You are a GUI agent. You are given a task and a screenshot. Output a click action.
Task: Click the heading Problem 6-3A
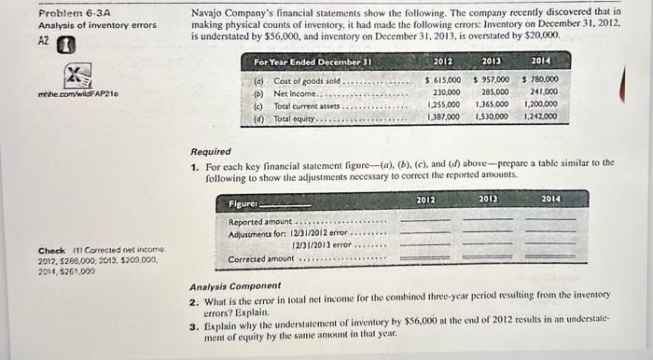(71, 12)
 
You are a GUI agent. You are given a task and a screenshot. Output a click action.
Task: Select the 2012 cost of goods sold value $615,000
(442, 80)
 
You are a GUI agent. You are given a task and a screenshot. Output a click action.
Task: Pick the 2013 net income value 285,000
(494, 92)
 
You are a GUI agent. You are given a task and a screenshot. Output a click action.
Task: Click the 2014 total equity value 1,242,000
(540, 117)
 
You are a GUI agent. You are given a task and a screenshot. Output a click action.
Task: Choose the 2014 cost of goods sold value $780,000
(541, 80)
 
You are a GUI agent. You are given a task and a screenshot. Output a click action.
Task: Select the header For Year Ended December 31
(313, 62)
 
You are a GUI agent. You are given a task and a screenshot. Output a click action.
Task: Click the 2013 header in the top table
(492, 62)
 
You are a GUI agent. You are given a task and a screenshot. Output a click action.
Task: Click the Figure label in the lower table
(245, 202)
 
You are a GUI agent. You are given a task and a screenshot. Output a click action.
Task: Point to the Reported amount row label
(260, 222)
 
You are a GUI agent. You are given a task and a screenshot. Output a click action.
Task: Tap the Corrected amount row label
(261, 258)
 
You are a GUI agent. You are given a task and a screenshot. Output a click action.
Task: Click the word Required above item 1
(212, 151)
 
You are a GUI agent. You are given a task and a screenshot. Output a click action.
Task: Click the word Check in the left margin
(50, 250)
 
